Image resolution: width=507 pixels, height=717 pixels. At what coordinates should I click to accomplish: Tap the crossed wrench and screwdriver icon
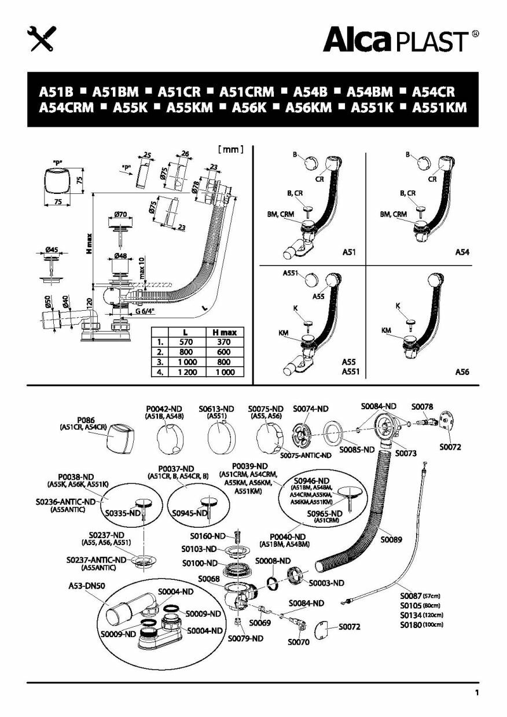coord(41,38)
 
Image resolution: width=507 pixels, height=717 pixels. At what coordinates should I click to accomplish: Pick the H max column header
coord(224,332)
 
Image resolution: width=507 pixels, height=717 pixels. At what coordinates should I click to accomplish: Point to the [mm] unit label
coord(231,149)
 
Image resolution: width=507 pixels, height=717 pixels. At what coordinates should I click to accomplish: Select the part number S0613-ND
coord(220,409)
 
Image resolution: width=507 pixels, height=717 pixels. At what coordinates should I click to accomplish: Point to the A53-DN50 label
coord(87,585)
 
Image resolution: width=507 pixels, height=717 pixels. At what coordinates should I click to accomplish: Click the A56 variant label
coord(461,372)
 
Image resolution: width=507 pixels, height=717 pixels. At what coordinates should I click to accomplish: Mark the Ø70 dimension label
coord(120,214)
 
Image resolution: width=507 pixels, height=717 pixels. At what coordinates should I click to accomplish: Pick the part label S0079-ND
coord(245,639)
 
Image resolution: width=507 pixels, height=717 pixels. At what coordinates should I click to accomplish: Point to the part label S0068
coord(208,578)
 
